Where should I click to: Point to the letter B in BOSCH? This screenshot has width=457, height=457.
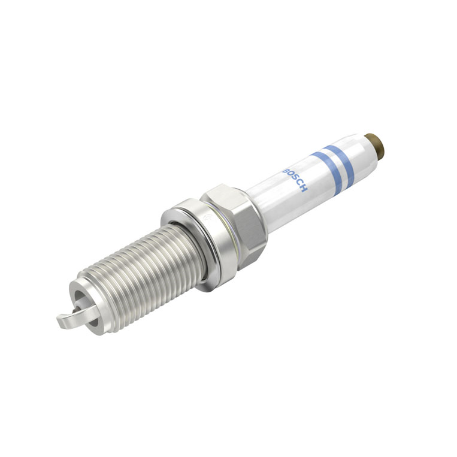tap(285, 171)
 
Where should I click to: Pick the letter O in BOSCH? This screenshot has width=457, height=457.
tap(289, 175)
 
